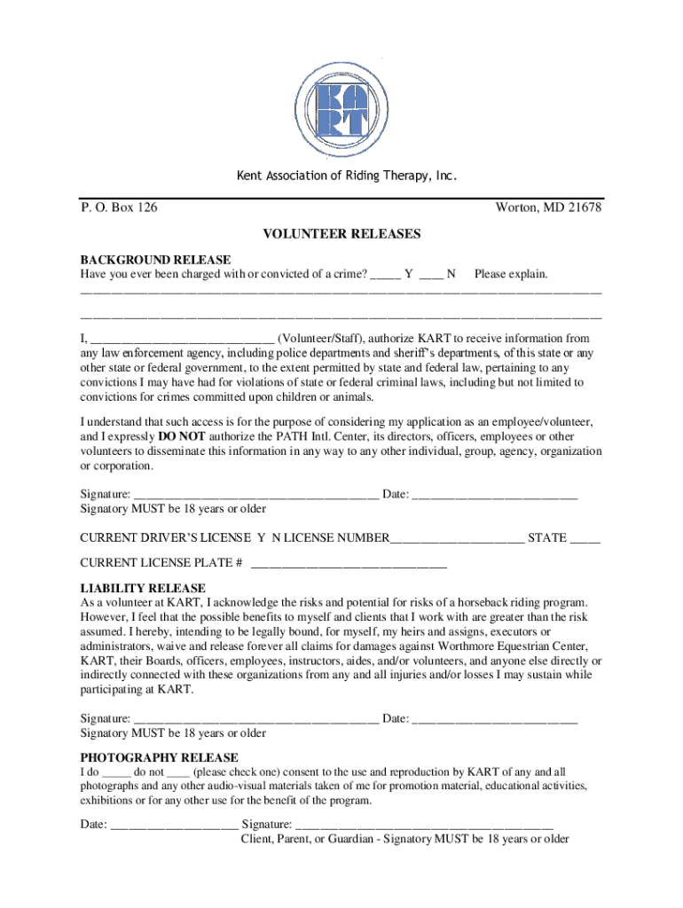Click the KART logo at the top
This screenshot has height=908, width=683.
(341, 110)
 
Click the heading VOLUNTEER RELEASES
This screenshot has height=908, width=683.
(341, 234)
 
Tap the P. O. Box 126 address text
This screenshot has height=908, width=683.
(119, 207)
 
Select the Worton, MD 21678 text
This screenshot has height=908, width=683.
(548, 207)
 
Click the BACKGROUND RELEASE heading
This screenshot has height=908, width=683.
(155, 260)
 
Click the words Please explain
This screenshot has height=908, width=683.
(511, 274)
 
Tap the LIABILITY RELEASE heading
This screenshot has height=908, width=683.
(143, 588)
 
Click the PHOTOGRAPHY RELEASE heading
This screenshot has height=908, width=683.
(159, 757)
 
